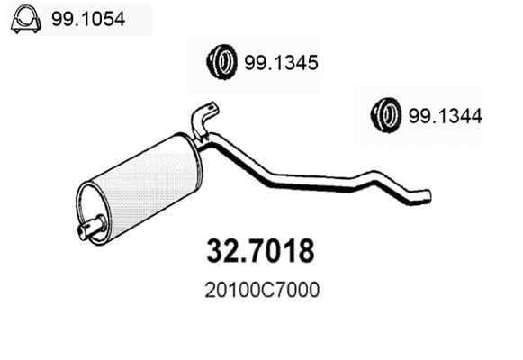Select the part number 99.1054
(x=87, y=17)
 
